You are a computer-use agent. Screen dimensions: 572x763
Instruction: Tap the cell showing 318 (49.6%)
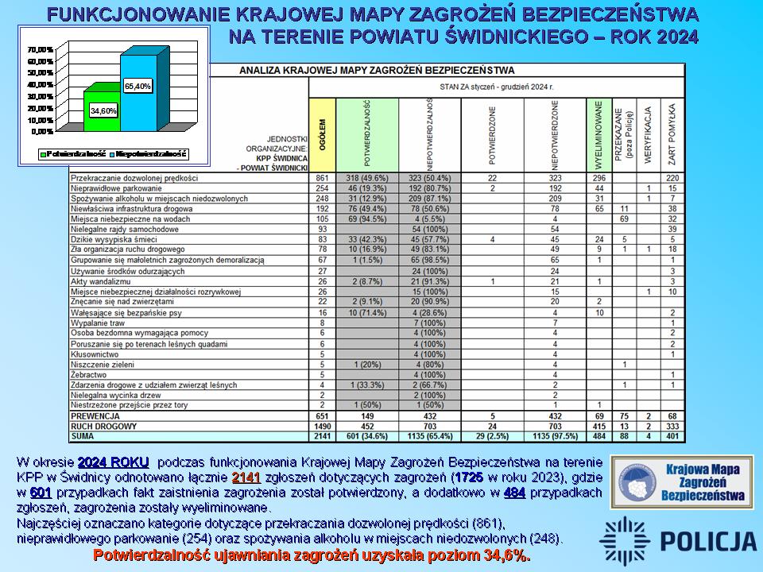coord(366,179)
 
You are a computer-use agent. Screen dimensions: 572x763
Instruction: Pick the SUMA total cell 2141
coord(321,435)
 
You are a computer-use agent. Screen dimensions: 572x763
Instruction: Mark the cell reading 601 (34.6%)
coord(366,435)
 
